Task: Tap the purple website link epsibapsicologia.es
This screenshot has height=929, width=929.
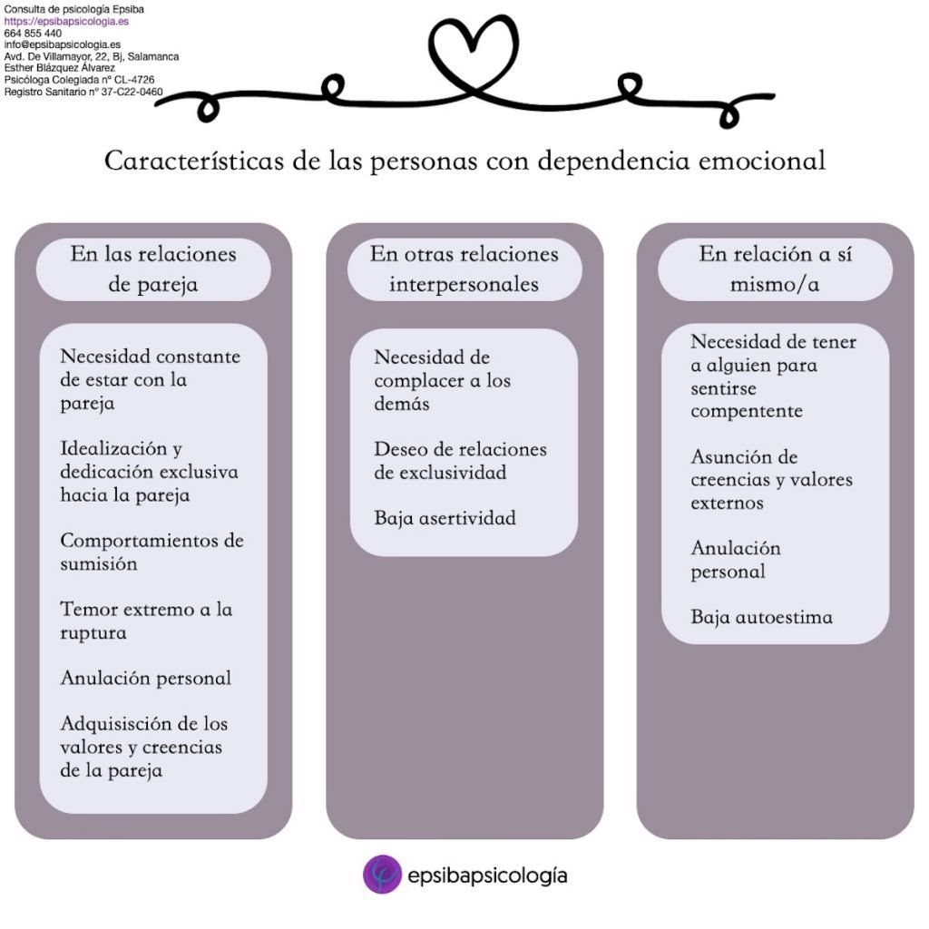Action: click(x=66, y=22)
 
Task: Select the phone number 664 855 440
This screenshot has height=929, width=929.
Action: click(x=33, y=34)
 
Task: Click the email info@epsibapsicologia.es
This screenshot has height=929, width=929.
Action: click(x=63, y=44)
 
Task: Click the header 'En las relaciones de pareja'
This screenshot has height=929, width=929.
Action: click(x=153, y=269)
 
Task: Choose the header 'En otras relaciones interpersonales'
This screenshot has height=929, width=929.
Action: click(x=464, y=269)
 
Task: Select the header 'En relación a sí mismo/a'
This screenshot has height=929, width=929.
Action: click(x=775, y=269)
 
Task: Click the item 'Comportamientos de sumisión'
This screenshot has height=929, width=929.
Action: click(x=152, y=552)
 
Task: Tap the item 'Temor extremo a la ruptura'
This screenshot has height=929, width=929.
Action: click(x=146, y=621)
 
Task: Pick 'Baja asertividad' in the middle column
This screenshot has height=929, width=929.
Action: click(x=445, y=518)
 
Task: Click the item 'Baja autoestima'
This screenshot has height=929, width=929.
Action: click(x=761, y=617)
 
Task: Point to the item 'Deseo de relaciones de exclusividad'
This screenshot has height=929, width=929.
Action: click(x=460, y=461)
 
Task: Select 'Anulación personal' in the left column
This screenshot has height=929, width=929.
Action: click(x=146, y=678)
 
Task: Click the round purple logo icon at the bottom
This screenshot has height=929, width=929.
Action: click(x=382, y=874)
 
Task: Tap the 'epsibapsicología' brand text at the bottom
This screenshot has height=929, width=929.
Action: click(x=487, y=875)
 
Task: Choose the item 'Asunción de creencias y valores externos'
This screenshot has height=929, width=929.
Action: click(x=771, y=480)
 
